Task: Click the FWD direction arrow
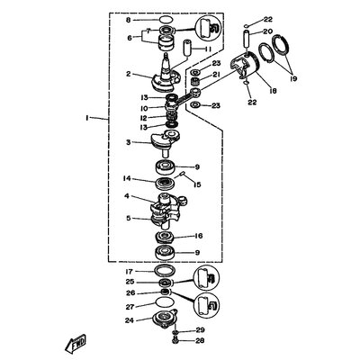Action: pos(76,343)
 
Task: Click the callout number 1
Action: pos(86,119)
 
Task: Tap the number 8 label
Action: pos(129,20)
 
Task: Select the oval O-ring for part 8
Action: pos(166,20)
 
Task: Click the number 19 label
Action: pos(293,79)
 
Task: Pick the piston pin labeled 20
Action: pos(245,38)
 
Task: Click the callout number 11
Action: pos(208,49)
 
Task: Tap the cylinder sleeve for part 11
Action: pos(187,48)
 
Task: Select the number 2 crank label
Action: pos(129,74)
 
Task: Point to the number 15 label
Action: pos(197,184)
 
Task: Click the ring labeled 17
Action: pos(165,270)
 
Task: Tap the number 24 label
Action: pos(130,320)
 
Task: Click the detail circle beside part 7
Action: pos(207,30)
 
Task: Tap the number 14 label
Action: pos(127,178)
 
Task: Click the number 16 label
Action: pos(199,236)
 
